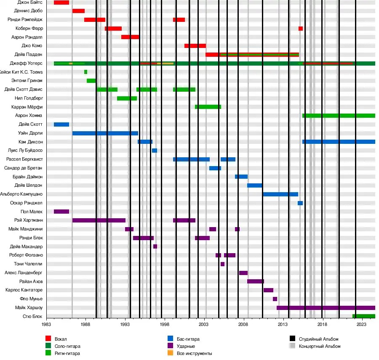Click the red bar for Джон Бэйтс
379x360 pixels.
pyautogui.click(x=61, y=3)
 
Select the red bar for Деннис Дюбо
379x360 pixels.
pyautogui.click(x=78, y=11)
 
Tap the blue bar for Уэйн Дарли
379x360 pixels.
pyautogui.click(x=105, y=133)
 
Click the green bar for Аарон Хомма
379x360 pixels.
pyautogui.click(x=339, y=116)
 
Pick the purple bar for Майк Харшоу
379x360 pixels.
pyautogui.click(x=326, y=308)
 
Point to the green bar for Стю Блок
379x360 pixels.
pyautogui.click(x=363, y=316)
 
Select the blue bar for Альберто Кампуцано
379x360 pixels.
pyautogui.click(x=280, y=194)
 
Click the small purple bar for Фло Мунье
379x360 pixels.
pyautogui.click(x=275, y=299)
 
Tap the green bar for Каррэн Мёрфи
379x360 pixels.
pyautogui.click(x=208, y=107)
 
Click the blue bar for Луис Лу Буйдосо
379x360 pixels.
pyautogui.click(x=155, y=151)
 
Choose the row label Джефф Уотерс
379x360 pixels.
pyautogui.click(x=26, y=64)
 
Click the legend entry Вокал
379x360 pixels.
pyautogui.click(x=61, y=339)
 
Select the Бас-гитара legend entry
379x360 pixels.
pyautogui.click(x=188, y=339)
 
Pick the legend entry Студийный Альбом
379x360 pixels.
pyautogui.click(x=318, y=339)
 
